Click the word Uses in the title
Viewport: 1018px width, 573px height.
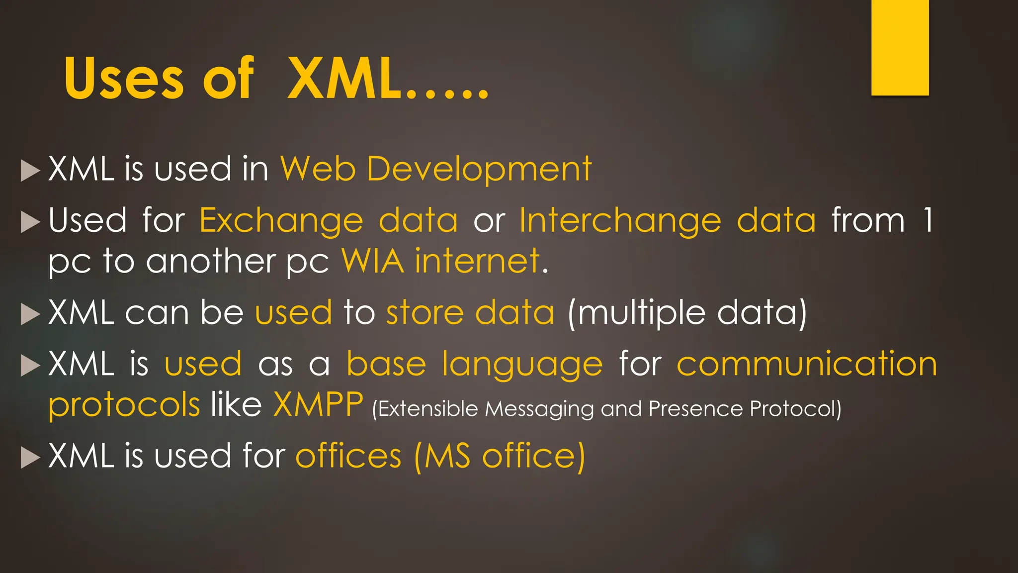(124, 79)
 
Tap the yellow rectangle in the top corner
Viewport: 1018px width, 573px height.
(900, 47)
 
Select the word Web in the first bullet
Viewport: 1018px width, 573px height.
(318, 169)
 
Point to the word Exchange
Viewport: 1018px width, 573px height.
(281, 221)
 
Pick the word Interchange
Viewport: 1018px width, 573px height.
(620, 221)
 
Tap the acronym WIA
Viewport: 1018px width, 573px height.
(373, 261)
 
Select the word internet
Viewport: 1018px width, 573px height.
(477, 261)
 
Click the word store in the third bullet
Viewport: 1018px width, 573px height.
(425, 313)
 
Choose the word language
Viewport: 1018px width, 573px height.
(522, 365)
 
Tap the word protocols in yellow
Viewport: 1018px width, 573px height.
(124, 405)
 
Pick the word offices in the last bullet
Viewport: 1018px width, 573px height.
(348, 456)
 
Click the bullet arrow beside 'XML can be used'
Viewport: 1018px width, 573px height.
(30, 314)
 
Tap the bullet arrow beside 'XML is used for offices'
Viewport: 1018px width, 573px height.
(30, 458)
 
